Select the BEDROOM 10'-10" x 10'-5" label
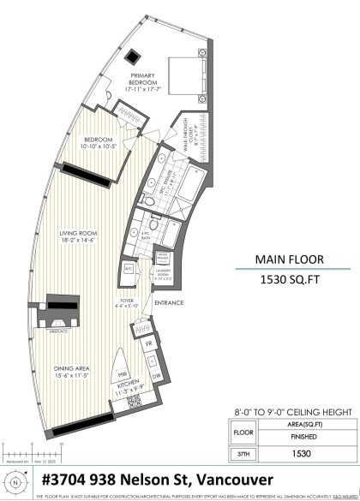(98, 143)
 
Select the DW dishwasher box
(155, 376)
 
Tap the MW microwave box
(123, 374)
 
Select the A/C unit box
(129, 268)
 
